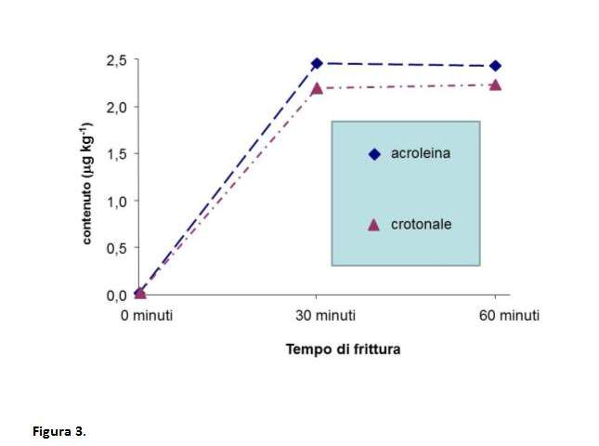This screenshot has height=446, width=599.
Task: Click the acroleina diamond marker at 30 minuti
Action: [317, 63]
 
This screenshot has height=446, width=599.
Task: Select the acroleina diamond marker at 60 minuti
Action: [495, 66]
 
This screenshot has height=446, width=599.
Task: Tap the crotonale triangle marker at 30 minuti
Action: [317, 87]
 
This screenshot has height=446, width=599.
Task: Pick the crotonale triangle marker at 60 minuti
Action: [495, 85]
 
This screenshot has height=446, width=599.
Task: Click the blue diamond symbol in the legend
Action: [374, 154]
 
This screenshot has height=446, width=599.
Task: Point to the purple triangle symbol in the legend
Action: [374, 225]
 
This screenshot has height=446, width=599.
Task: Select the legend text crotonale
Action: [421, 225]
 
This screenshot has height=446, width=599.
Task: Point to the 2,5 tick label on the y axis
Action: [115, 60]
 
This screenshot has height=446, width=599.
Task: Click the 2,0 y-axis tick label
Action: [115, 107]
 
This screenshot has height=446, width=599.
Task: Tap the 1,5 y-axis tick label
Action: [115, 154]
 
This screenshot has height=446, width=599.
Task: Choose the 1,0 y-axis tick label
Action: [115, 201]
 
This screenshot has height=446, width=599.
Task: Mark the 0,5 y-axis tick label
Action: [115, 248]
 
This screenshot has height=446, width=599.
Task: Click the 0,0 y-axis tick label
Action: [115, 295]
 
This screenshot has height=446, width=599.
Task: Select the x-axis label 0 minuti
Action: [139, 316]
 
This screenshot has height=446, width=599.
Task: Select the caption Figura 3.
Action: [59, 432]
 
